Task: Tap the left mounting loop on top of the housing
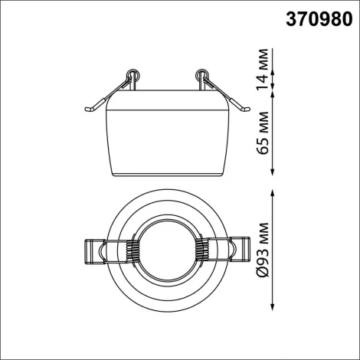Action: coord(132,77)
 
